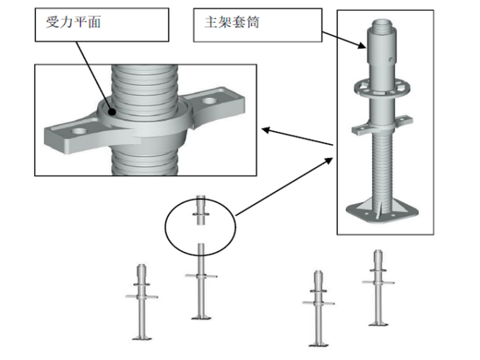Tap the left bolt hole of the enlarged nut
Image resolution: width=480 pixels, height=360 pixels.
pos(80,129)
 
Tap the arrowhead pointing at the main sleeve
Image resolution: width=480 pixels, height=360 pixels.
pos(361,45)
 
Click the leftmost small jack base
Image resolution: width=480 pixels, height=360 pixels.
pos(142,337)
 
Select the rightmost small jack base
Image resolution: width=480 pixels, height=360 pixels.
pos(378,323)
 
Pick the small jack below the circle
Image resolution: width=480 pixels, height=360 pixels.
pos(201,284)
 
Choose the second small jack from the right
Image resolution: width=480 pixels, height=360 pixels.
pos(318,309)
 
